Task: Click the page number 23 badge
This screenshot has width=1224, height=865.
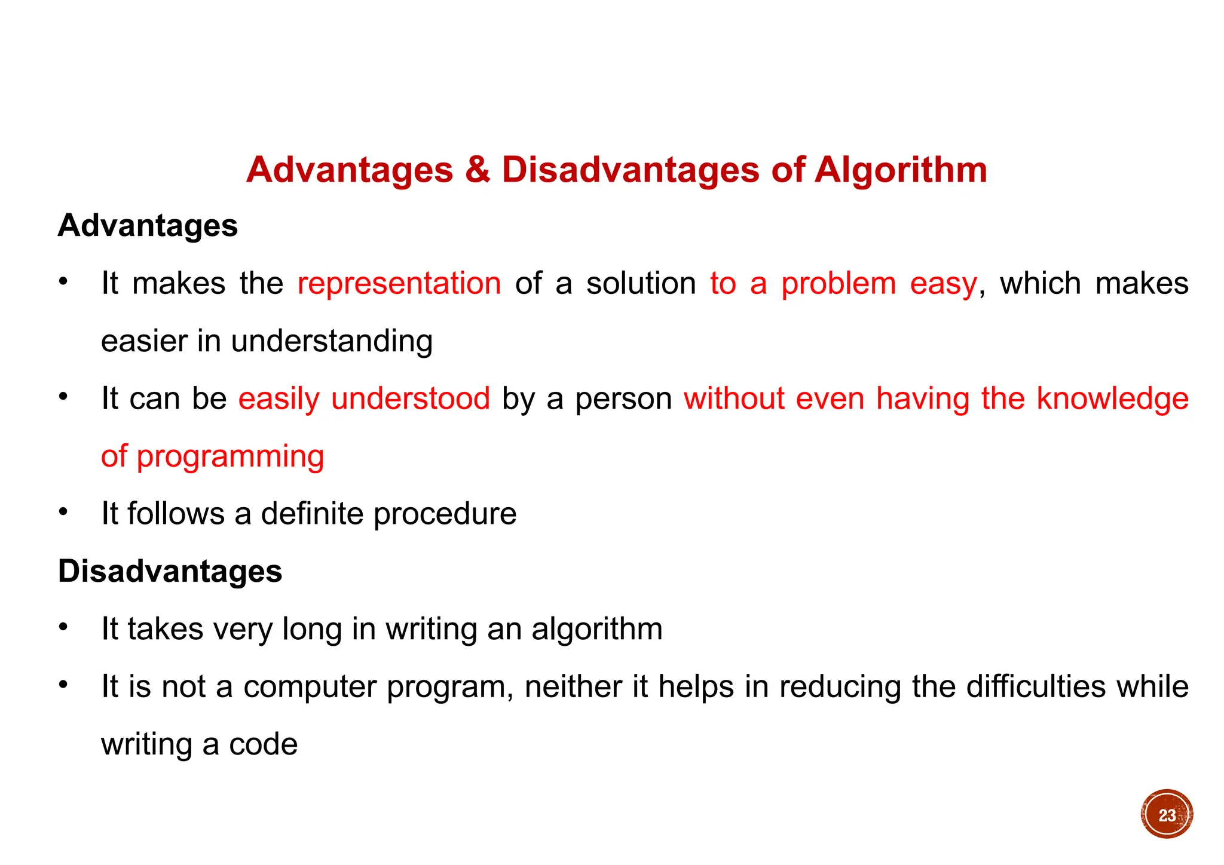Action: point(1166,815)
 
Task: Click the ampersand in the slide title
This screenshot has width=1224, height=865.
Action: point(478,170)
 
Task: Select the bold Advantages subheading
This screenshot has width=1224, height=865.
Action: point(148,226)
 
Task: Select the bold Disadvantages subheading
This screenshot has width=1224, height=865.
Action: point(170,572)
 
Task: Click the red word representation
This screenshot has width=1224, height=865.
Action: point(399,283)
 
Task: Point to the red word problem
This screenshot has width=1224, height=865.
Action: point(839,284)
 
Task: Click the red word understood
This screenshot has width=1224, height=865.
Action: point(411,398)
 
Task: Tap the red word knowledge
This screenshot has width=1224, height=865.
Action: point(1112,398)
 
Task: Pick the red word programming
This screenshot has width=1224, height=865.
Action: point(230,458)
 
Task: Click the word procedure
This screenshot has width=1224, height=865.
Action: point(445,514)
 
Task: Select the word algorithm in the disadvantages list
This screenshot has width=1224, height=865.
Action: point(597,630)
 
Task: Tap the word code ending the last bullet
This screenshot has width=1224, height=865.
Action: point(263,744)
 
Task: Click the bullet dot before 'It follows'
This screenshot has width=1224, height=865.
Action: point(63,512)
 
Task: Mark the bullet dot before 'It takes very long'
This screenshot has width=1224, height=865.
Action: point(63,627)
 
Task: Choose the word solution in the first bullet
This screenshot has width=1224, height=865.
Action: point(641,283)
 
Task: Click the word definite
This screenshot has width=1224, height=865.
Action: point(312,514)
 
